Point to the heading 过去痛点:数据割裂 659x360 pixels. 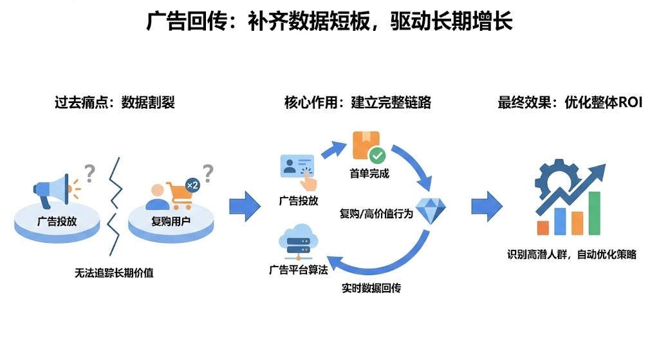(x=115, y=102)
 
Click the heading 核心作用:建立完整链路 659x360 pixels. (x=358, y=102)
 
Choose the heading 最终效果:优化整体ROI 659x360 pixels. (x=570, y=102)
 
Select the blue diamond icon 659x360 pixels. (x=431, y=209)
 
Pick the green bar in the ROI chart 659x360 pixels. (x=594, y=214)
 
